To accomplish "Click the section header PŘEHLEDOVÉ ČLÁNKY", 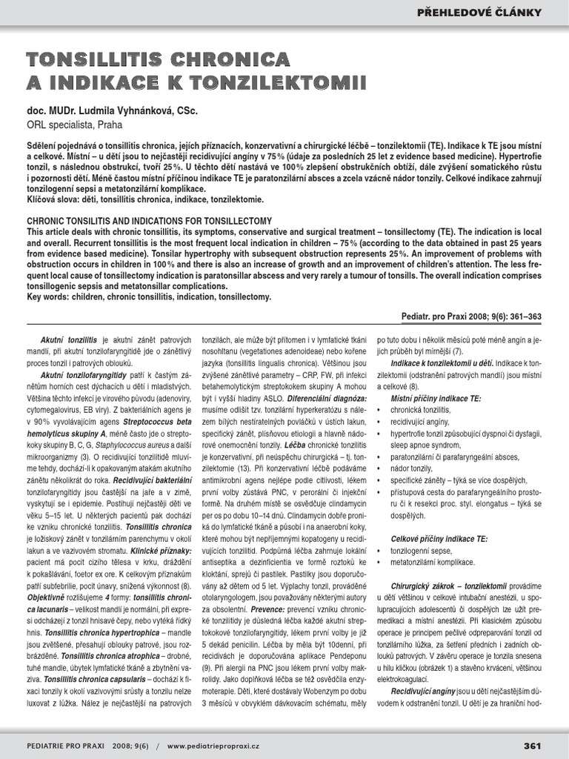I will pyautogui.click(x=490, y=13).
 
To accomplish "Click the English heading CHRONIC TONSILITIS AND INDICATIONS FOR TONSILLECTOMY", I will pyautogui.click(x=149, y=221).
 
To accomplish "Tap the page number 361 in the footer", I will pyautogui.click(x=532, y=745).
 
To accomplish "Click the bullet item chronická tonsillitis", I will pyautogui.click(x=424, y=410).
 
